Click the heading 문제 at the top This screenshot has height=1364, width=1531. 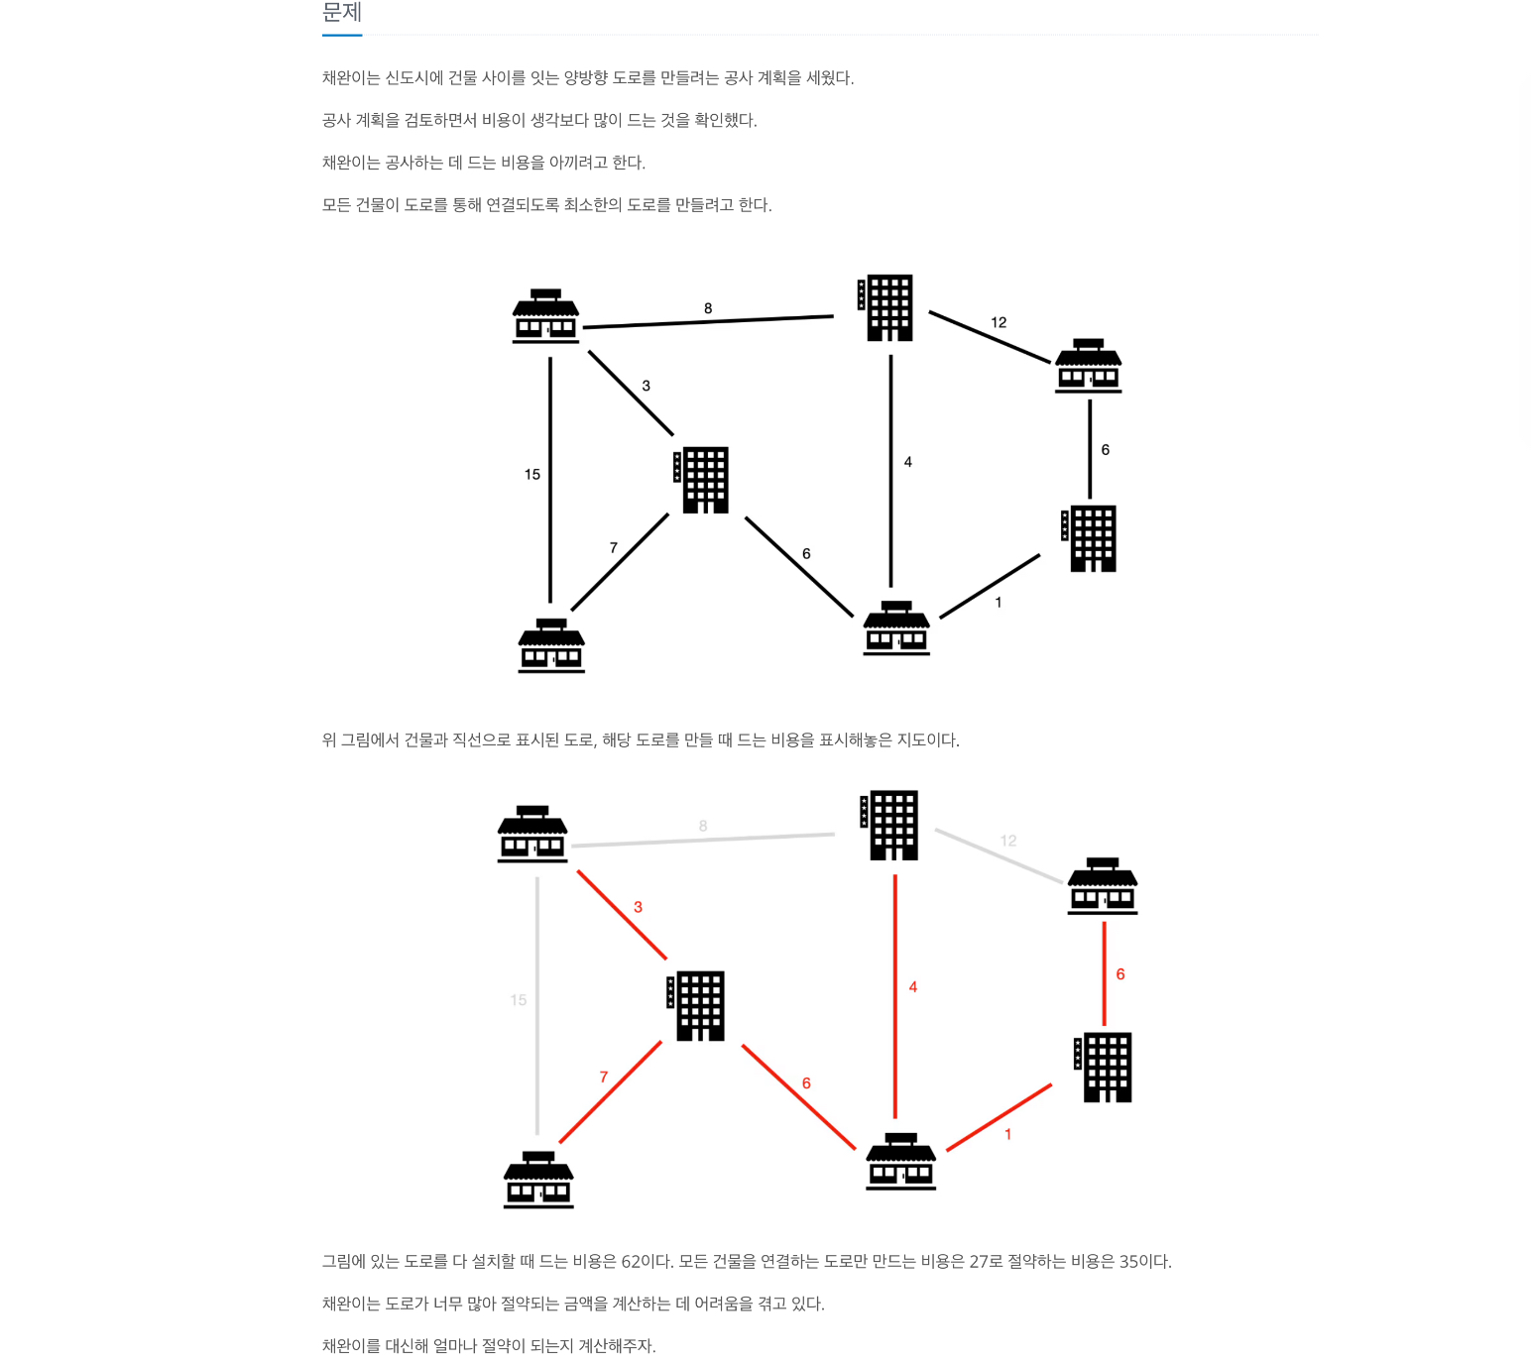tap(342, 13)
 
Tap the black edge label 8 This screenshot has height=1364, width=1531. tap(708, 308)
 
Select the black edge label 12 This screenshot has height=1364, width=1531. tap(999, 322)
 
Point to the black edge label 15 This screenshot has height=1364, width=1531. tap(532, 475)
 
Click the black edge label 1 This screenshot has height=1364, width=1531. tap(999, 603)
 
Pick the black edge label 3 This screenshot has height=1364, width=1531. tap(646, 386)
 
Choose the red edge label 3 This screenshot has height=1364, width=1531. tap(638, 907)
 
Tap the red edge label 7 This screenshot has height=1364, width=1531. tap(604, 1078)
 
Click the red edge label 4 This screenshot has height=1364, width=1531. tap(913, 987)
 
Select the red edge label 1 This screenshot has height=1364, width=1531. tap(1008, 1134)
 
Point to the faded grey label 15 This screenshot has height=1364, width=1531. tap(519, 1000)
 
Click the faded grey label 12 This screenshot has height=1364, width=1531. tap(1008, 841)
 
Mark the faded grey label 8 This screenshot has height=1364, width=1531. tap(703, 826)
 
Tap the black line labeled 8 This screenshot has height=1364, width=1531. tap(754, 319)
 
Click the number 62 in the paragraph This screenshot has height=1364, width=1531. tap(632, 1262)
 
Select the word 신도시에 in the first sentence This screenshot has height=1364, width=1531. tap(413, 78)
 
